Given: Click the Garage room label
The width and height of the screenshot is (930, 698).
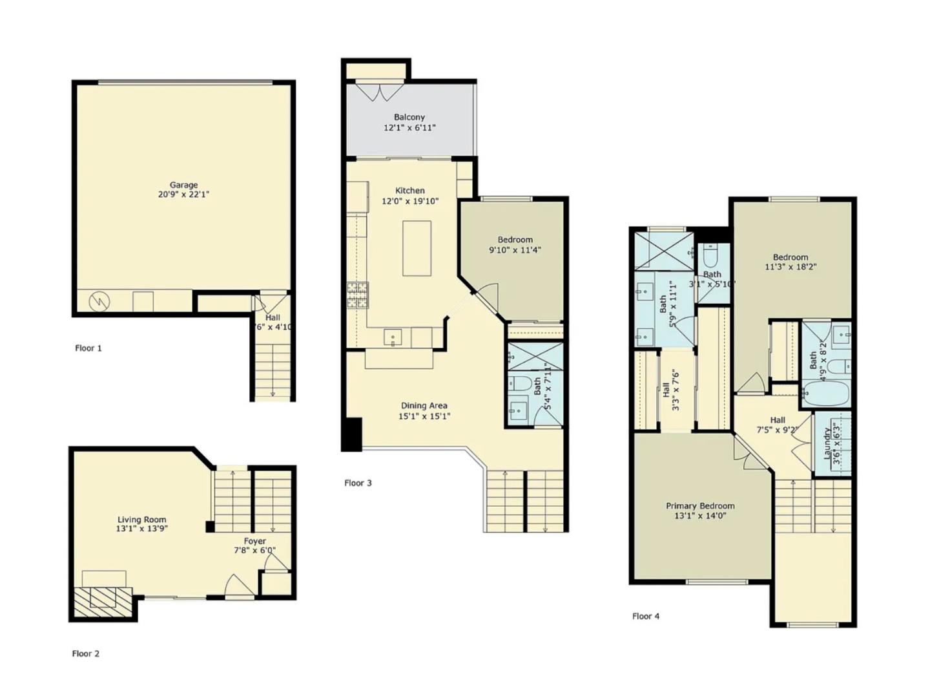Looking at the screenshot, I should pyautogui.click(x=183, y=185).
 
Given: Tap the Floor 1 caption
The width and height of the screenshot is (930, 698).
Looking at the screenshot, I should pyautogui.click(x=88, y=348).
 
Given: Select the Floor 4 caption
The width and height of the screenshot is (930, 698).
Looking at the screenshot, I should pyautogui.click(x=646, y=617).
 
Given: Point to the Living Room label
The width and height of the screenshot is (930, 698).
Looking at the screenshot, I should pyautogui.click(x=141, y=520).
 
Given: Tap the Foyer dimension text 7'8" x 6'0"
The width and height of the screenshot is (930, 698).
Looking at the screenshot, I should pyautogui.click(x=254, y=551).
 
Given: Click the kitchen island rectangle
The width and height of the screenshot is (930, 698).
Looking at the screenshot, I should pyautogui.click(x=417, y=248).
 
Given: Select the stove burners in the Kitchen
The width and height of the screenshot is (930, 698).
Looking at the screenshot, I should pyautogui.click(x=357, y=295).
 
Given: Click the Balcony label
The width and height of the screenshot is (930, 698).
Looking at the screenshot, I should pyautogui.click(x=409, y=118).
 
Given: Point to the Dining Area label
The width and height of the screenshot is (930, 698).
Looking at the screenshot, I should pyautogui.click(x=424, y=406).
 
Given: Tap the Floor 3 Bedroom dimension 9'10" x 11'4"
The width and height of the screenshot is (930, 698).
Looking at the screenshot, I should pyautogui.click(x=515, y=250).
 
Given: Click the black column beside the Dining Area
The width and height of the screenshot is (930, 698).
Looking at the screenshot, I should pyautogui.click(x=352, y=434).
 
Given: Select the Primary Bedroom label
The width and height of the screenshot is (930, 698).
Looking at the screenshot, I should pyautogui.click(x=700, y=506).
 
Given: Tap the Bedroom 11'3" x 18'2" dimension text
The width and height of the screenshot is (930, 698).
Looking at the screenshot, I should pyautogui.click(x=790, y=266).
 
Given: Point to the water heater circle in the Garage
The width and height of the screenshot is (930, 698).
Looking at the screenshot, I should pyautogui.click(x=99, y=301).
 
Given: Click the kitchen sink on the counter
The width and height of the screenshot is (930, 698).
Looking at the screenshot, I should pyautogui.click(x=392, y=337).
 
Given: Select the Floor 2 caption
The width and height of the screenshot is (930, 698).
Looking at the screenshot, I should pyautogui.click(x=86, y=653).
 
